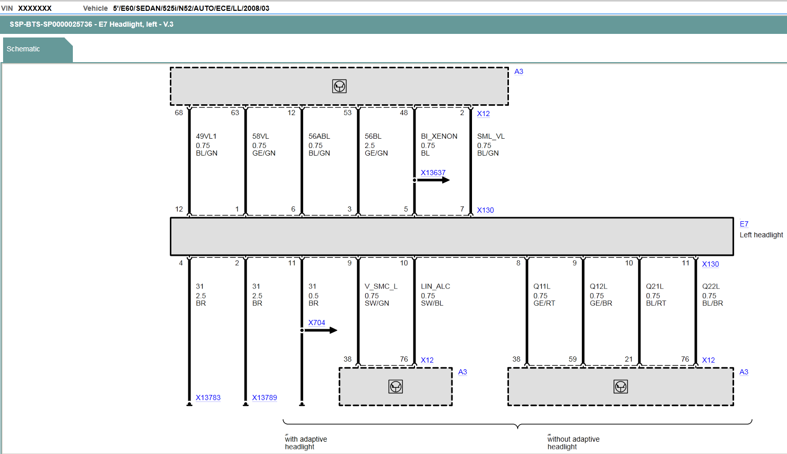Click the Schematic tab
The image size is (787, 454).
click(23, 49)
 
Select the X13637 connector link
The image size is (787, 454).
click(433, 173)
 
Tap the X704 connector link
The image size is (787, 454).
click(317, 323)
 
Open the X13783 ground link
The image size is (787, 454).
click(208, 398)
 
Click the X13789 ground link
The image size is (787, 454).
click(264, 398)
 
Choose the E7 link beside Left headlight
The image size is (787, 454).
click(744, 224)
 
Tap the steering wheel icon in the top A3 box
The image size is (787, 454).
click(340, 86)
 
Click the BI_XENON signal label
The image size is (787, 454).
click(439, 136)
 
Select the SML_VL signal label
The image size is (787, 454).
click(491, 136)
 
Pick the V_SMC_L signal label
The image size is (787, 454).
click(381, 286)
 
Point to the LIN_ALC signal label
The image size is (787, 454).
click(435, 286)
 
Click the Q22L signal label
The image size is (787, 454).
click(711, 286)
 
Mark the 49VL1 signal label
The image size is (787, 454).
click(206, 136)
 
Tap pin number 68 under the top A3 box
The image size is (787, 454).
click(179, 112)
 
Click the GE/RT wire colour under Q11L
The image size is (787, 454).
click(544, 303)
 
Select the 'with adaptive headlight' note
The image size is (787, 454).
click(306, 443)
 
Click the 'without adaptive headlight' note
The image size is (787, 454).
click(574, 443)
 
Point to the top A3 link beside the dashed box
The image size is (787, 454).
click(519, 71)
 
